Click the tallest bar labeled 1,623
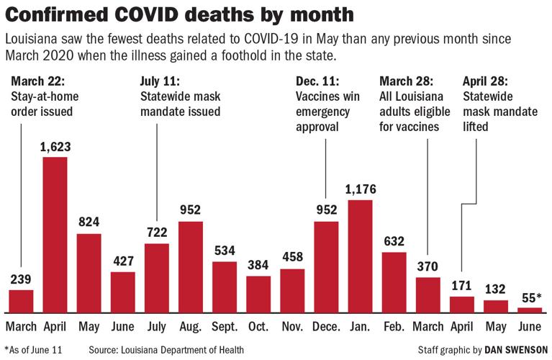coord(55,234)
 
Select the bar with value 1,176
coord(360,256)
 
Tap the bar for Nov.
coord(292,290)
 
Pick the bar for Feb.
coord(394,282)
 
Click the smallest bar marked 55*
coord(530,310)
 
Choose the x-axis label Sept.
coord(224,326)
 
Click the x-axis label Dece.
coord(326,326)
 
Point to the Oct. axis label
coord(258,326)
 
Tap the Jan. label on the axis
coord(360,326)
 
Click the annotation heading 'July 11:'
coord(160,81)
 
